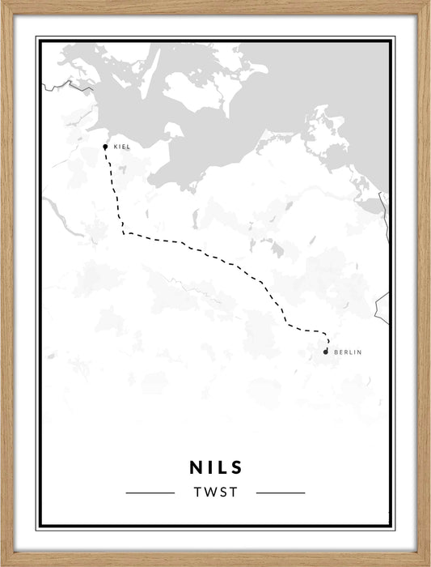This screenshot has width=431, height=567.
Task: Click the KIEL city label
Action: tap(122, 147)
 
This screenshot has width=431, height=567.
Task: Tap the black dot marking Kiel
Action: tap(105, 147)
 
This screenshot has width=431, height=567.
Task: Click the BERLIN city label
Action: tap(346, 352)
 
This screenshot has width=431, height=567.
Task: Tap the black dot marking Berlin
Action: tap(325, 352)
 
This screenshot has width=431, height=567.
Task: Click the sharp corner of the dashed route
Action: tap(124, 233)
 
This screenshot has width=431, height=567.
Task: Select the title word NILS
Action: tap(215, 467)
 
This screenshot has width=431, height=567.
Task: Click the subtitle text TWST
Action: tap(215, 492)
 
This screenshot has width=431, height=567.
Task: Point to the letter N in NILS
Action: tap(196, 467)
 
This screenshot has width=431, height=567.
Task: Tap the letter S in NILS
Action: tap(236, 467)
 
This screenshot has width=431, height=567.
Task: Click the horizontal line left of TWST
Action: tap(150, 492)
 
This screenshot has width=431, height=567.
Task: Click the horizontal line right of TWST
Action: tap(280, 492)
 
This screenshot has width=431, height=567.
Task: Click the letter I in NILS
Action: tap(211, 467)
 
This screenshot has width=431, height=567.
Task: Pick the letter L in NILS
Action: tap(222, 467)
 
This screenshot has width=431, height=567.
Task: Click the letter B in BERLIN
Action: tap(335, 352)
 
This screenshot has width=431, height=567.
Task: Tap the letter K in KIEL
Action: tap(116, 147)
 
